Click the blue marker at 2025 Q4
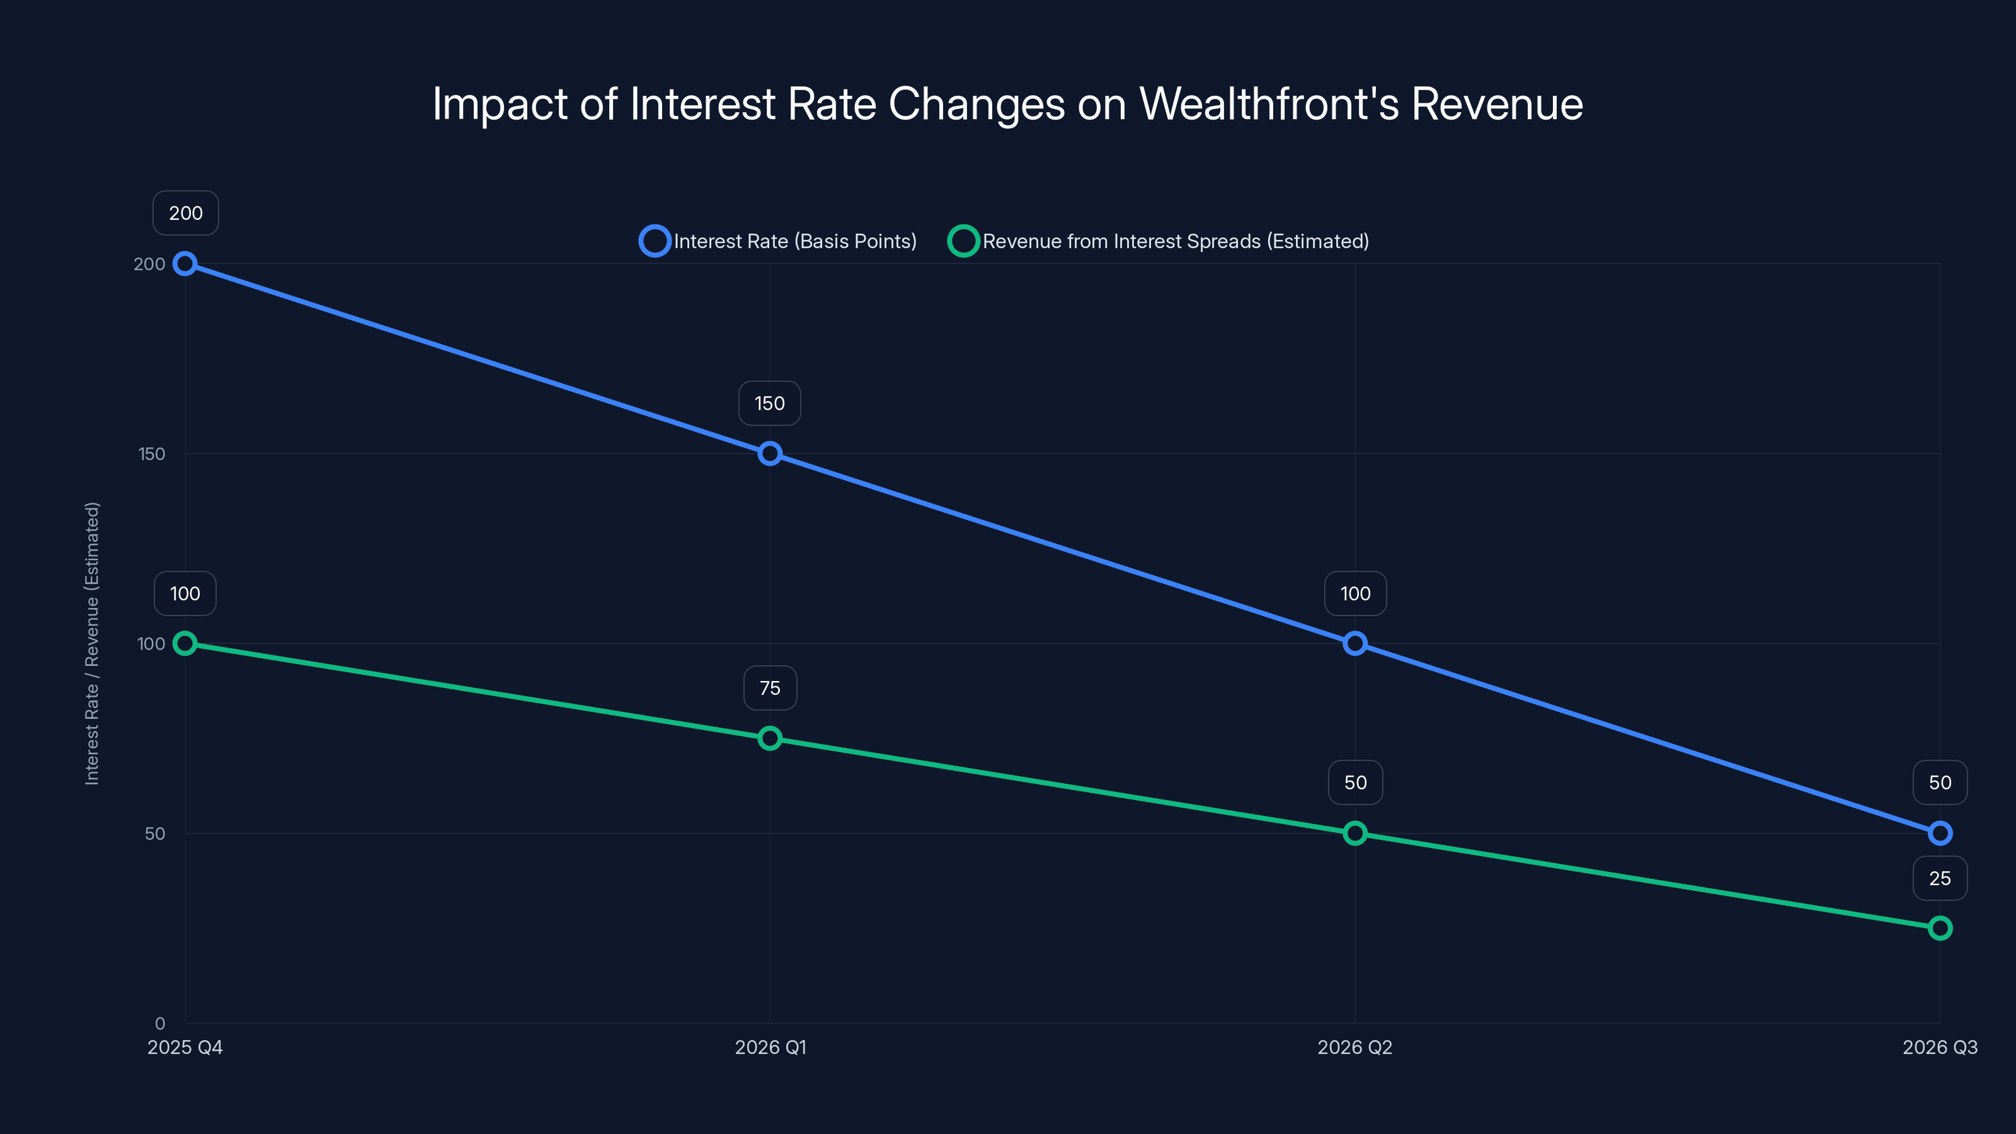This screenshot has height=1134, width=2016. (x=185, y=264)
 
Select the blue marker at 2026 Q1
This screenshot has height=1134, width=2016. (x=769, y=454)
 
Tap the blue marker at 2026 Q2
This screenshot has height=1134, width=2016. (x=1354, y=643)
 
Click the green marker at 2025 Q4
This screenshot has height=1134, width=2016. (x=185, y=643)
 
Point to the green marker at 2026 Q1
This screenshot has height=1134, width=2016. (x=769, y=738)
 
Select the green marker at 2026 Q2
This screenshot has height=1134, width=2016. (x=1354, y=833)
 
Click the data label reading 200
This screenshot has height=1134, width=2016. (x=185, y=213)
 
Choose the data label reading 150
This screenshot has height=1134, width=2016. (x=769, y=403)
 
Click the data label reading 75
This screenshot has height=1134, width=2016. (x=769, y=688)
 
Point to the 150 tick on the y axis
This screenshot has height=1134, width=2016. (x=152, y=454)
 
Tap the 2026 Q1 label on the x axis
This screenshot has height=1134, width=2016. (x=770, y=1047)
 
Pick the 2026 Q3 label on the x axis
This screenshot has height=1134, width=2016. (x=1939, y=1047)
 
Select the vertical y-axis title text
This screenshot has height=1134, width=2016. (x=93, y=643)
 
